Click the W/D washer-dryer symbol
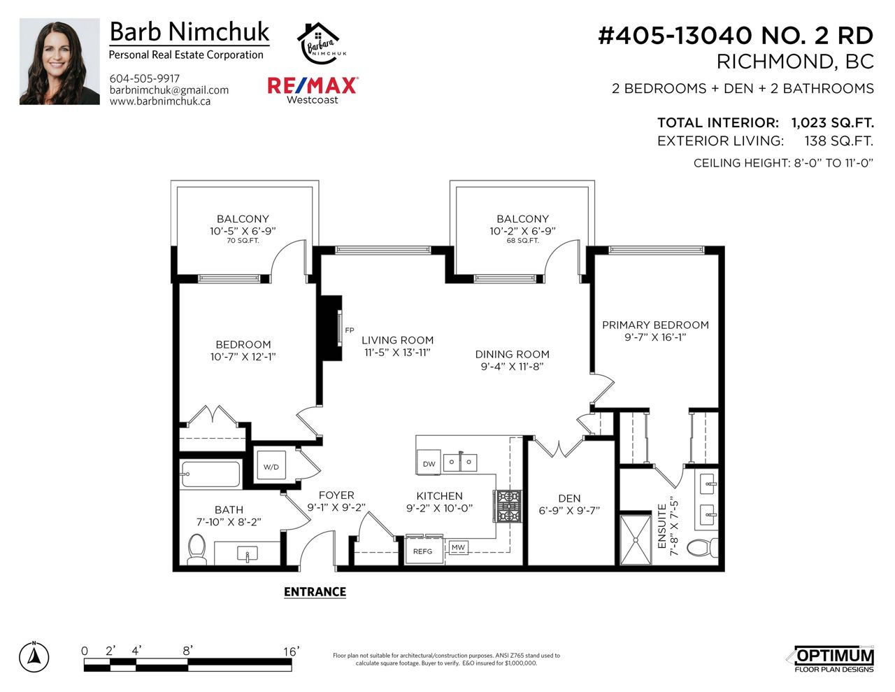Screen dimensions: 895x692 point(271,465)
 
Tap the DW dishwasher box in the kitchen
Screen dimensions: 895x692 point(429,462)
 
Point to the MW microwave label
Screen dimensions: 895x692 point(458,547)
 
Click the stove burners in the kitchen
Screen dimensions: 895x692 point(508,506)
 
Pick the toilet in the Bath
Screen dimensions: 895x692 point(196,549)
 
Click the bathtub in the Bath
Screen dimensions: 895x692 point(210,474)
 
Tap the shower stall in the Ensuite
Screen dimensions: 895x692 point(636,539)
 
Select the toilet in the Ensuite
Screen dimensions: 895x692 point(702,548)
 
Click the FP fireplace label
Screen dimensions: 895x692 point(350,330)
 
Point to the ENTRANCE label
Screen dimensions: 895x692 point(315,592)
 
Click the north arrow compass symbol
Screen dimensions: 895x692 point(34,657)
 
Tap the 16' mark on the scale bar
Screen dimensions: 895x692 point(291,651)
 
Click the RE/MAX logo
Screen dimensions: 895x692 point(313,90)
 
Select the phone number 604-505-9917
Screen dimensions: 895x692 point(145,78)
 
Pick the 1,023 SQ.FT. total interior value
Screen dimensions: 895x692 point(832,123)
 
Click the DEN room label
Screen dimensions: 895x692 point(569,499)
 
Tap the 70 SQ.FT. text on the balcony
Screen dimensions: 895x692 point(243,241)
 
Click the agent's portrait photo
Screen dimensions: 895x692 point(59,62)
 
